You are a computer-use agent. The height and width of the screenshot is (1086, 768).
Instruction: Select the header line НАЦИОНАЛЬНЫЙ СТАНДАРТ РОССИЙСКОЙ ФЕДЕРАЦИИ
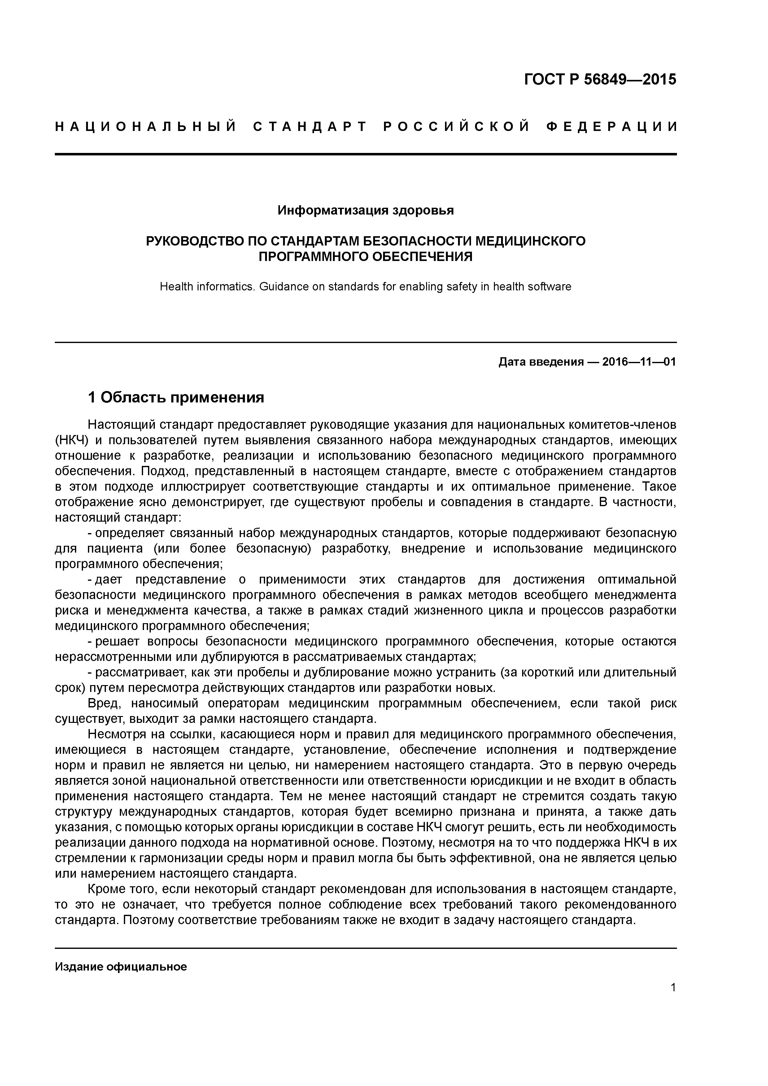(366, 127)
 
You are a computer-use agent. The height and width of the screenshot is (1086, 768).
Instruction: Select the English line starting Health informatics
(365, 287)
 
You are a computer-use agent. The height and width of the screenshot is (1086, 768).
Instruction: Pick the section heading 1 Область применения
(176, 398)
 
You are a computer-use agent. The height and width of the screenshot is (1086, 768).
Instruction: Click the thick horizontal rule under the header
(366, 154)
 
